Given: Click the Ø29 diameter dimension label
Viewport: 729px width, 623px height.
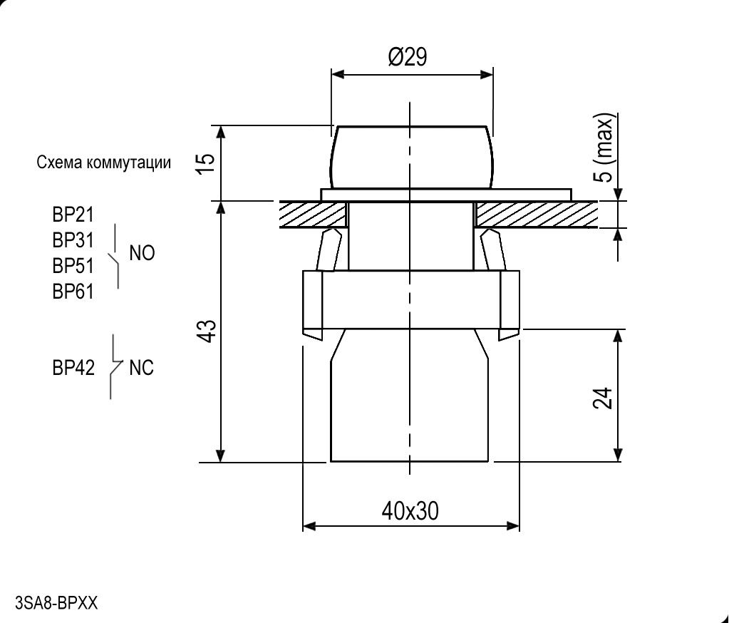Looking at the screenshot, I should (408, 57).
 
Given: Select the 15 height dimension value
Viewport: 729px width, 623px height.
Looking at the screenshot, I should (206, 163).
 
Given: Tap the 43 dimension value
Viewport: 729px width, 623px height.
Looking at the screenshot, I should (206, 331).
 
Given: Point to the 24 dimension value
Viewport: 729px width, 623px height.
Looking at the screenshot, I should (602, 399).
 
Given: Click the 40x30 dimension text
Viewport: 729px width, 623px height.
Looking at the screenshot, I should (410, 511).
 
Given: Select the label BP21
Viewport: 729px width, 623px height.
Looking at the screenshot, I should (73, 215).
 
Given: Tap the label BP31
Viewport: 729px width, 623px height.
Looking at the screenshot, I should (73, 240).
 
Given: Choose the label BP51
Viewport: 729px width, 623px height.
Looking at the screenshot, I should (73, 266).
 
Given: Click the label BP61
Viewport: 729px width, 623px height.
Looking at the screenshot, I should (73, 292).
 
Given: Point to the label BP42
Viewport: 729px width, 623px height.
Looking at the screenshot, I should (73, 368).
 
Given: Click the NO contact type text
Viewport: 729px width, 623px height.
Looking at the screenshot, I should (142, 253).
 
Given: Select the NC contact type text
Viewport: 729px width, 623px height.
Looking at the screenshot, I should (141, 368).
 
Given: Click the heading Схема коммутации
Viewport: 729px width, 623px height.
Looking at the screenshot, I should (104, 163).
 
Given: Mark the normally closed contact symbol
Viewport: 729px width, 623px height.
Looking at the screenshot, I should (114, 367).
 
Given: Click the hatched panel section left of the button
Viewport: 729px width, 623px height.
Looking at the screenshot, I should (311, 215).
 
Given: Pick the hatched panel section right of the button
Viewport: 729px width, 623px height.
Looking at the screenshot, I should (536, 215).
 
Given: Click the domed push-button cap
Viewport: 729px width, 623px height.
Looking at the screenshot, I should (411, 157).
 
